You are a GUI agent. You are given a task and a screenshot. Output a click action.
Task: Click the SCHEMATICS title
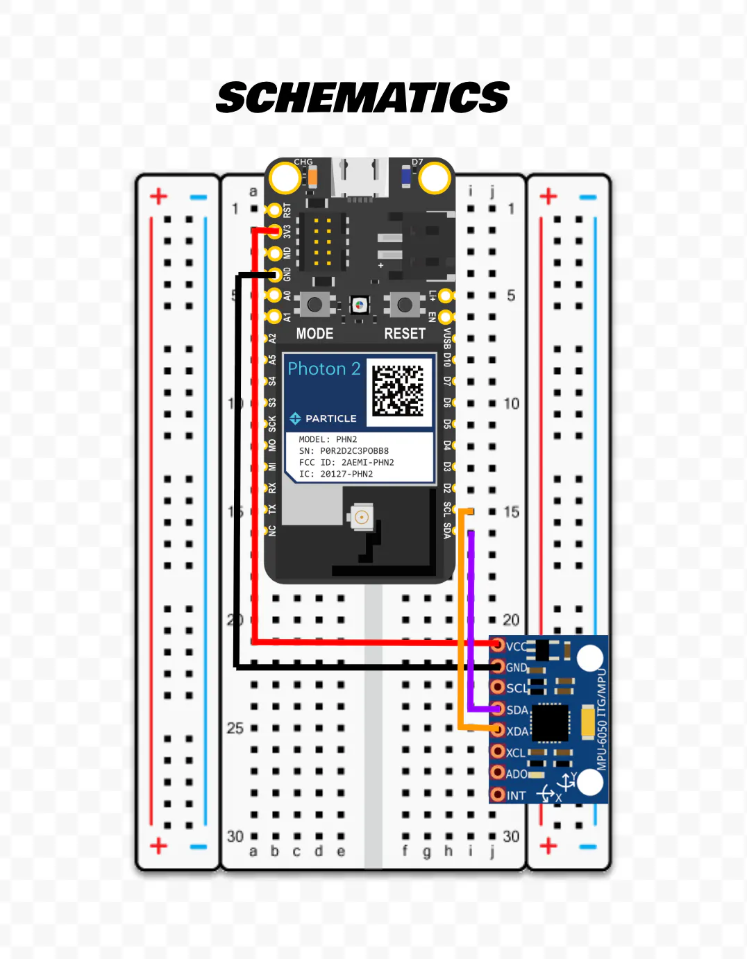point(362,97)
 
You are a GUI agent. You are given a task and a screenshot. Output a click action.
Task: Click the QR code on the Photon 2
point(398,390)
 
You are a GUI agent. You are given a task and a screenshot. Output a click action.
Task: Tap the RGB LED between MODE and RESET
point(359,305)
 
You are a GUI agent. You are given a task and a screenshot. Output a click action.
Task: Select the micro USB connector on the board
point(360,179)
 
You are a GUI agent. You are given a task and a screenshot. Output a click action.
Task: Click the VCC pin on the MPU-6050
point(497,645)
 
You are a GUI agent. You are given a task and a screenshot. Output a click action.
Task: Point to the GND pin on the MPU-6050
point(497,667)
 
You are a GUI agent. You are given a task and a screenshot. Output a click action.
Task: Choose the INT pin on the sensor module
point(497,795)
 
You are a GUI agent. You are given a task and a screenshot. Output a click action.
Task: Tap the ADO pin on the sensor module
point(497,773)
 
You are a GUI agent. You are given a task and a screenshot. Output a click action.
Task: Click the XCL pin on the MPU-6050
point(497,752)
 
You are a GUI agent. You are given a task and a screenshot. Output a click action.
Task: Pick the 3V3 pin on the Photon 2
point(275,231)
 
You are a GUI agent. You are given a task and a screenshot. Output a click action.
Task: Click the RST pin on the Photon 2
point(275,210)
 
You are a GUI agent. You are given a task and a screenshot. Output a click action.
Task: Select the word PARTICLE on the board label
point(330,418)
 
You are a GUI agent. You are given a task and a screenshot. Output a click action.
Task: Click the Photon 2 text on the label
point(324,368)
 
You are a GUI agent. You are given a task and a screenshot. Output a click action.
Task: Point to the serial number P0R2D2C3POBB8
point(354,450)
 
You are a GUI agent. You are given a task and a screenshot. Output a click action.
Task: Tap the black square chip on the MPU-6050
point(551,722)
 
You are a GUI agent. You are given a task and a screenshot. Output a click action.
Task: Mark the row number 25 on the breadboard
point(235,728)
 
